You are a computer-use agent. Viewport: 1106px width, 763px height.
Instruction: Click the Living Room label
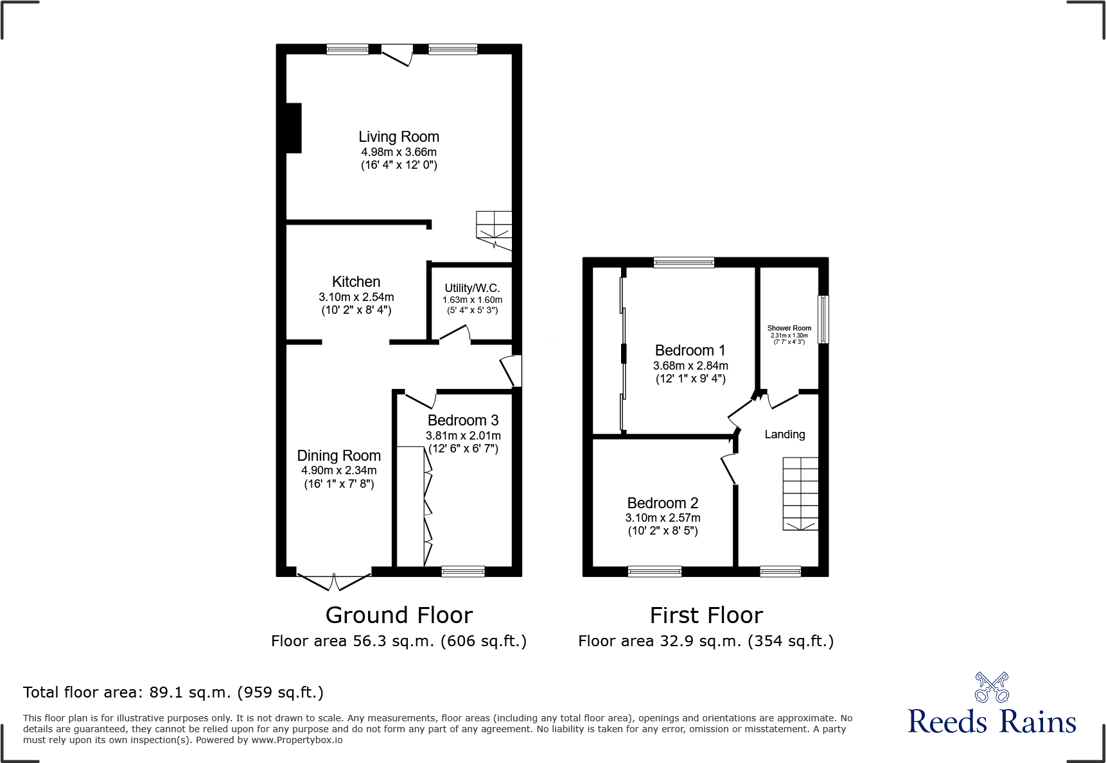pos(399,137)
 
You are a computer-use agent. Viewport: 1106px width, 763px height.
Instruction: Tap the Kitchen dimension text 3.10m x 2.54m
pos(356,297)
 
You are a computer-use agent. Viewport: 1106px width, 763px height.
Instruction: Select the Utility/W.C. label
pos(472,288)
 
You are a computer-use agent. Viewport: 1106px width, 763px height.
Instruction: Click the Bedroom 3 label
pos(463,420)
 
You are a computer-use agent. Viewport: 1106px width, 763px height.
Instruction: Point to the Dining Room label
pos(338,456)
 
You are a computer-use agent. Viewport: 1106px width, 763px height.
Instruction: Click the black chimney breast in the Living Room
pos(294,128)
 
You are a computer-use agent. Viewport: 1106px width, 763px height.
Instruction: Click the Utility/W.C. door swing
pos(455,333)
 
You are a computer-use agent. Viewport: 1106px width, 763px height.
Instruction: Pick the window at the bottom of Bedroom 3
pos(463,571)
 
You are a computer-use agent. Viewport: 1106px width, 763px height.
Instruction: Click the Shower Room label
pos(789,328)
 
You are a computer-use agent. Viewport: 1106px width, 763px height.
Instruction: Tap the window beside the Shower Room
pos(823,319)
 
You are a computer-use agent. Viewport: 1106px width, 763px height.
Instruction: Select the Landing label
pos(784,434)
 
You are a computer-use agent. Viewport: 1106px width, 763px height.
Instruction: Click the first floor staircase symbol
pos(800,493)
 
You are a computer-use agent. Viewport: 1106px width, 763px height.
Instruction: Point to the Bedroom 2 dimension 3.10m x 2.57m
pos(663,518)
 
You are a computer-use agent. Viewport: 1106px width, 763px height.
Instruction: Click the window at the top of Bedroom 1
pos(684,262)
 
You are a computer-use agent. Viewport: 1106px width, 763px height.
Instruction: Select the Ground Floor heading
pos(399,615)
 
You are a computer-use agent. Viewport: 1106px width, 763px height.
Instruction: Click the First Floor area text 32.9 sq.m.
pos(706,641)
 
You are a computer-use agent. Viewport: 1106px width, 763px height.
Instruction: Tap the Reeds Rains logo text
pos(992,722)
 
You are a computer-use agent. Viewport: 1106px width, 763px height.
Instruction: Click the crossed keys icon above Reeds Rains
pos(992,687)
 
